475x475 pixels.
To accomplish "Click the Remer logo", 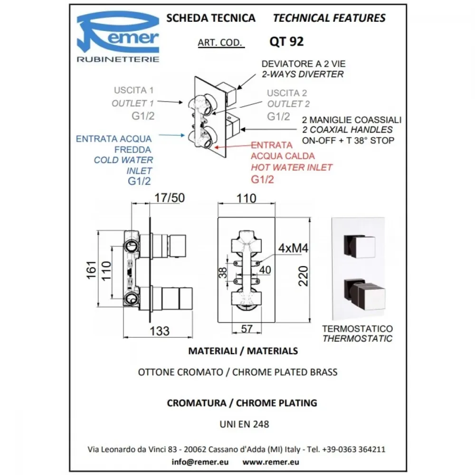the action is (x=118, y=37).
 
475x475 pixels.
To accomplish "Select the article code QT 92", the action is (x=286, y=41).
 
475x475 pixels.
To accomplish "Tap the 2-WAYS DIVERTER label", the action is (x=303, y=74).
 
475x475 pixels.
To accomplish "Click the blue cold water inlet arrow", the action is (x=171, y=135).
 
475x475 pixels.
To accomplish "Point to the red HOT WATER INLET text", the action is (x=292, y=167).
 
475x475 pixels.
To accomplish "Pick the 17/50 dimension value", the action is (x=170, y=198).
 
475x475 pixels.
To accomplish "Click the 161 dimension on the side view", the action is (x=91, y=270).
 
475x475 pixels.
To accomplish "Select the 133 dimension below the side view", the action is (x=159, y=331).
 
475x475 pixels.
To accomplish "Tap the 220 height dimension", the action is (x=303, y=276).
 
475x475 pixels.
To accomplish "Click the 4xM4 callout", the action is (x=293, y=248).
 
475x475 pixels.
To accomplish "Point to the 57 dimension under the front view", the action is (x=247, y=329).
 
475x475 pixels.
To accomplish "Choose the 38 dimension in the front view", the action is (x=223, y=273).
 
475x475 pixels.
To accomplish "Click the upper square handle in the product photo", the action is (x=359, y=246).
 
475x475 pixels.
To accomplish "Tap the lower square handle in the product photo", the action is (x=364, y=295).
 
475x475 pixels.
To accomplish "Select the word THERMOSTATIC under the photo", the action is (x=358, y=339).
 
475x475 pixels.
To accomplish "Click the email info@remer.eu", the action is (x=200, y=462).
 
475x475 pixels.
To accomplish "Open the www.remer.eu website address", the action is (x=271, y=462).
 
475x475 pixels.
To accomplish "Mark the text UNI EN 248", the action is (x=244, y=424).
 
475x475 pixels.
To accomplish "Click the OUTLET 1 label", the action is (x=133, y=103).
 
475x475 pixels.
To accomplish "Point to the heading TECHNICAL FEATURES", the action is (x=329, y=18).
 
